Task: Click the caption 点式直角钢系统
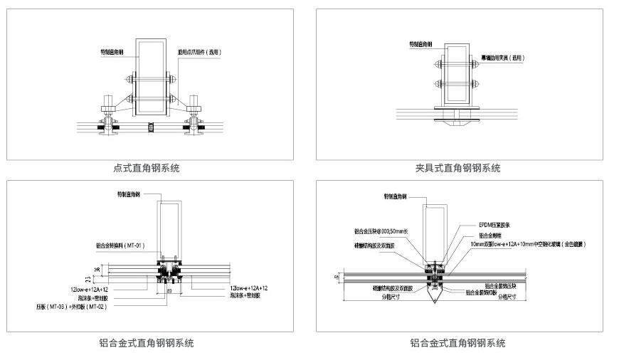[147, 169]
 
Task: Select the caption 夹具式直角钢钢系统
[457, 169]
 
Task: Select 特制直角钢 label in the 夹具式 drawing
[422, 43]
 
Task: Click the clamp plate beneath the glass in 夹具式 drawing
[453, 120]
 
